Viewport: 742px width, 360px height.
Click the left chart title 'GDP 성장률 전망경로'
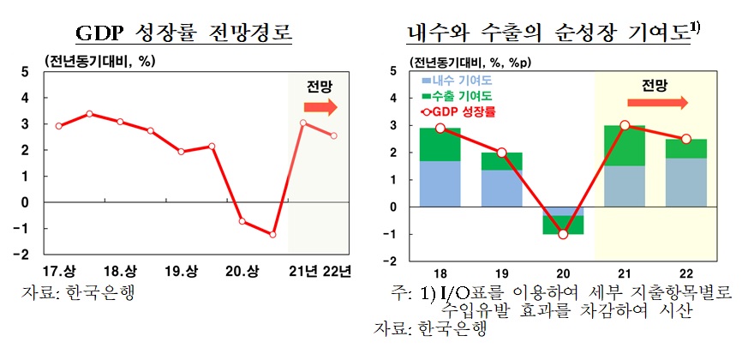point(185,33)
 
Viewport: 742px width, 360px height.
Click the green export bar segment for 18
point(439,144)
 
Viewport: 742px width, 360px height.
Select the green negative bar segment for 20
point(562,225)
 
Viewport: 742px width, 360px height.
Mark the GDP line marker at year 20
point(562,234)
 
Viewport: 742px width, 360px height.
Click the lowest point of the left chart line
point(273,235)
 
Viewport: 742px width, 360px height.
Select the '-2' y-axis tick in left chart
point(27,255)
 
